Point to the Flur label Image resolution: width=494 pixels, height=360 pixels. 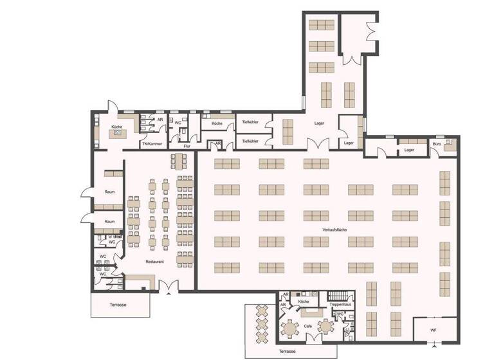[x=187, y=147]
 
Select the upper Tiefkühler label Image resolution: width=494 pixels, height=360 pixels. [x=250, y=122]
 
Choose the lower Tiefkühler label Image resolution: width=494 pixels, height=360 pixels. [x=250, y=141]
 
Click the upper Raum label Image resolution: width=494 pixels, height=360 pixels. [x=109, y=191]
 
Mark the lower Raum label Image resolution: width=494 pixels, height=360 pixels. [x=109, y=221]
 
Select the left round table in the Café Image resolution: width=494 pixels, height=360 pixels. [x=291, y=328]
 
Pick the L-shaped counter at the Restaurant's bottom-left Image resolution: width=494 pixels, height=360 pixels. [x=139, y=280]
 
